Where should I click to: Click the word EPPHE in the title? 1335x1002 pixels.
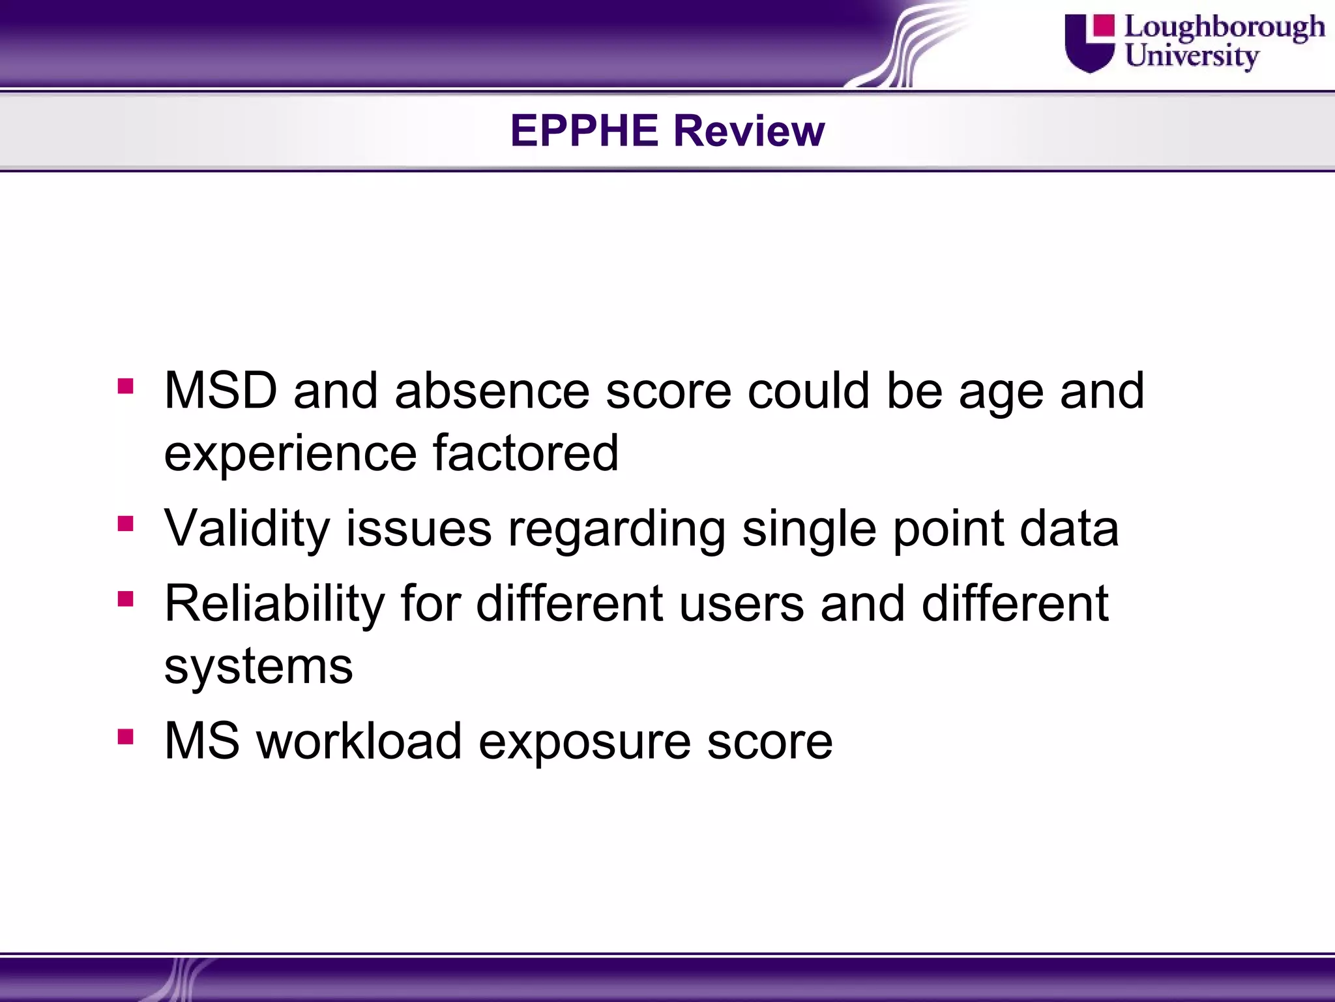(x=584, y=130)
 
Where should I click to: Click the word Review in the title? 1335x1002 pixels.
(x=749, y=130)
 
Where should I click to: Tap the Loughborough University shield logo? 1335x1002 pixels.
(x=1089, y=43)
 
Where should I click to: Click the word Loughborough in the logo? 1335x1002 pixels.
(x=1224, y=28)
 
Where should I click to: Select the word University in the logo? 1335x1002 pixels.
(x=1192, y=55)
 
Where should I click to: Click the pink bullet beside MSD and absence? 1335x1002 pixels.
(x=126, y=386)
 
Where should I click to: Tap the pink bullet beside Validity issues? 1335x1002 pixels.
(x=126, y=523)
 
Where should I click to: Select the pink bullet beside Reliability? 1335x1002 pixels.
(x=126, y=599)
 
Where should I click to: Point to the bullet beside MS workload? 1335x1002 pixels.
(x=126, y=736)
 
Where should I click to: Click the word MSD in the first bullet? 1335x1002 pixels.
(x=220, y=391)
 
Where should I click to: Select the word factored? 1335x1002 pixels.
(x=525, y=453)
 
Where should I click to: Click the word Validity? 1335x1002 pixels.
(x=247, y=528)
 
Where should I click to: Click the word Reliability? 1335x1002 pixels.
(x=274, y=603)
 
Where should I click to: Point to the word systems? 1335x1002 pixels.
(x=258, y=667)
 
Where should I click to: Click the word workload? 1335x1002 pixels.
(x=359, y=742)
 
